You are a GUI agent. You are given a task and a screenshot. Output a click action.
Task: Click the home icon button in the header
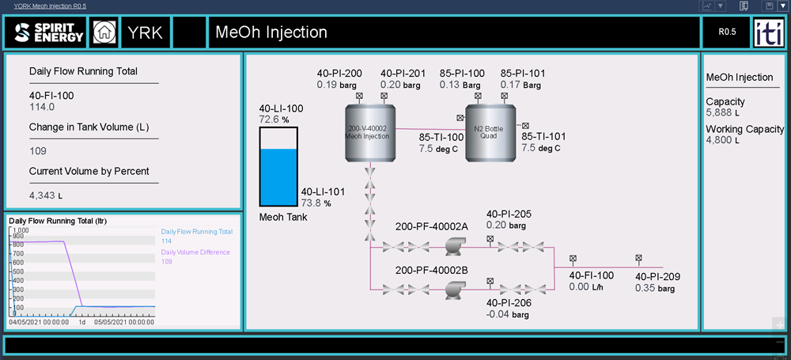tap(104, 32)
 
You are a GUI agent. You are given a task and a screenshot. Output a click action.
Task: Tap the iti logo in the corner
tap(768, 32)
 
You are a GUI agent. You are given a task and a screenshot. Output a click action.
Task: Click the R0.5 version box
tap(727, 32)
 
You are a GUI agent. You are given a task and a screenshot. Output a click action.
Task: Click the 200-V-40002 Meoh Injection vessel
tap(369, 132)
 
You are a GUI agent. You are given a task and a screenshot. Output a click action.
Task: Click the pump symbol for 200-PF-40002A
tap(453, 247)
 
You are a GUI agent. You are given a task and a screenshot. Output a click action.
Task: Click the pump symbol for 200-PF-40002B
tap(453, 290)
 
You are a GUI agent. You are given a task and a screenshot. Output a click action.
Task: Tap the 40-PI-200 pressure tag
tap(339, 74)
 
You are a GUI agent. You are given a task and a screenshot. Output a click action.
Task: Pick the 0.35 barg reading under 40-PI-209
tap(655, 289)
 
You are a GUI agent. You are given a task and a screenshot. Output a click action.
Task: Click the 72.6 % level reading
tap(274, 119)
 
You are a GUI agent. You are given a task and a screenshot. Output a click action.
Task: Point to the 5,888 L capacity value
tap(722, 113)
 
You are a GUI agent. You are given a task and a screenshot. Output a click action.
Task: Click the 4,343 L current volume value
tap(45, 195)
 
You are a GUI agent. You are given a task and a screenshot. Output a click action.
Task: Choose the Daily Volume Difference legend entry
tap(195, 252)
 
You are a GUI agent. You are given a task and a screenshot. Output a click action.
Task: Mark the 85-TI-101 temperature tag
tap(543, 136)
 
